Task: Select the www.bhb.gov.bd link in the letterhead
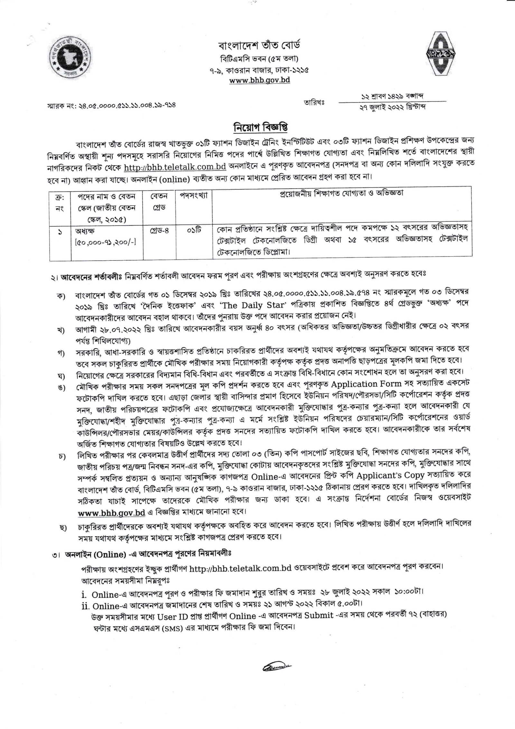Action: [x=259, y=80]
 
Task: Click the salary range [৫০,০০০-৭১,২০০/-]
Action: [x=106, y=242]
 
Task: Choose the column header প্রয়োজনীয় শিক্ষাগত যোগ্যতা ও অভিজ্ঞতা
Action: [x=342, y=193]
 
